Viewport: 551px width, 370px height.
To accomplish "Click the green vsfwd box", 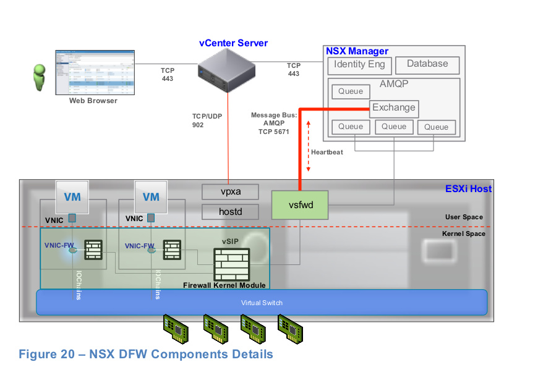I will (300, 205).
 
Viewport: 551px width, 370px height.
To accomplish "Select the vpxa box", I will (230, 191).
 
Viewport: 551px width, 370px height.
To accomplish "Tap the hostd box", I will (230, 212).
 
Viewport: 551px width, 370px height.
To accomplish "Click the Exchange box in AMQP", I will (394, 108).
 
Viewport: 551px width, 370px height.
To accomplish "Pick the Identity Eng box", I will (359, 65).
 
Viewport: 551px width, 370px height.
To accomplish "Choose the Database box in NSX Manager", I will (427, 64).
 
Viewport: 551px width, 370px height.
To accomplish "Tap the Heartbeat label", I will (327, 152).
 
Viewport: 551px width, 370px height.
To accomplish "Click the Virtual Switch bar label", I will (261, 303).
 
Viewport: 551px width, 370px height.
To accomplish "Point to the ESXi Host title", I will (468, 188).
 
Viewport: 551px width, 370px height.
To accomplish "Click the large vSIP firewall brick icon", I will (231, 264).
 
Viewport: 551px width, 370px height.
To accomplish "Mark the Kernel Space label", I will (464, 234).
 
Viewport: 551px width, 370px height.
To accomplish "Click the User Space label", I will (464, 217).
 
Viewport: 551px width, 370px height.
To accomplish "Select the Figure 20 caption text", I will (145, 355).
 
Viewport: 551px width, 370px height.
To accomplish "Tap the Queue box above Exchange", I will (351, 92).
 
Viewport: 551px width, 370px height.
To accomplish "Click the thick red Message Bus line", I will (301, 148).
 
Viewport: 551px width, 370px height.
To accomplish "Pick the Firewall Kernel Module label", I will (224, 285).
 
